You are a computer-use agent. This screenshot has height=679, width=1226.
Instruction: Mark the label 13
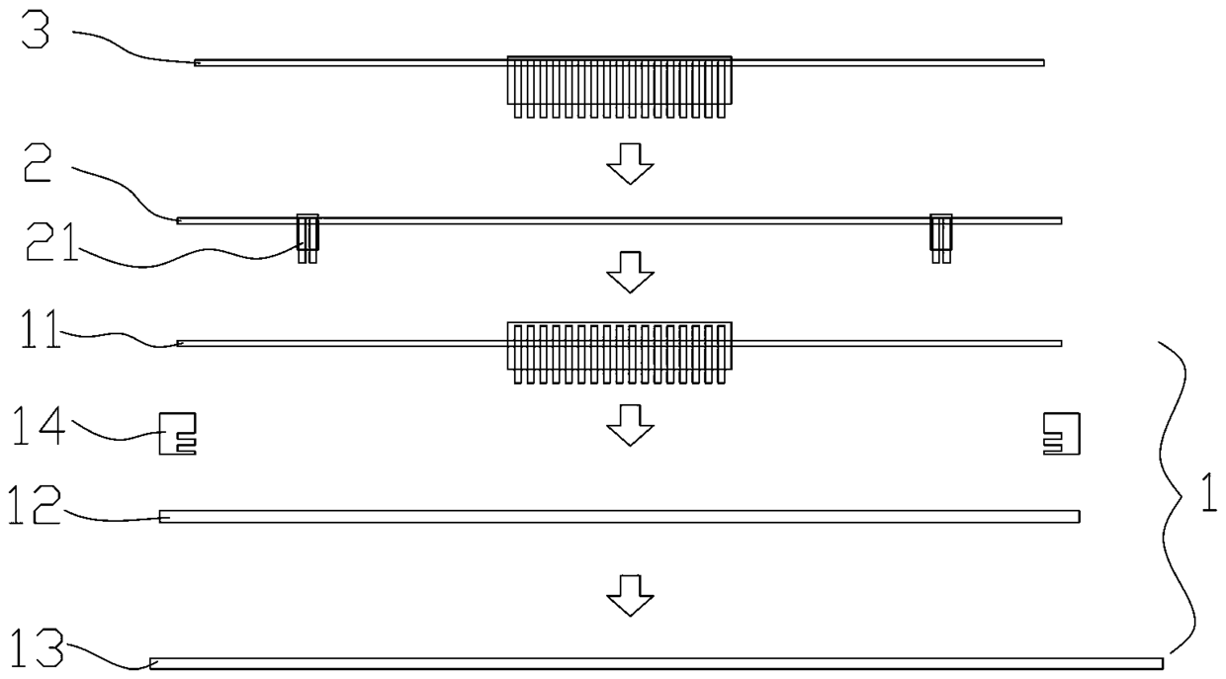[36, 651]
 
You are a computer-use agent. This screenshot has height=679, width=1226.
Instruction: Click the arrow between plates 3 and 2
[630, 163]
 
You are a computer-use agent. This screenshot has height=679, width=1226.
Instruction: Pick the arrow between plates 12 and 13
[630, 595]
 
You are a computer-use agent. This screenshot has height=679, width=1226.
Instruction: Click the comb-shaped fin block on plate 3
[619, 85]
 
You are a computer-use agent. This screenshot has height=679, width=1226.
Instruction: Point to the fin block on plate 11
[619, 350]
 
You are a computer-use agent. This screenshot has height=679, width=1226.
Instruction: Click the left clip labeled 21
[308, 237]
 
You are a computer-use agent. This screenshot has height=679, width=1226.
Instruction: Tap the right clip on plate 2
[940, 237]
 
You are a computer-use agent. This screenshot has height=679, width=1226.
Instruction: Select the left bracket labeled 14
[178, 433]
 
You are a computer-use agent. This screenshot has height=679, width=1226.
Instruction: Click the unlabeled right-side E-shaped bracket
[1061, 433]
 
